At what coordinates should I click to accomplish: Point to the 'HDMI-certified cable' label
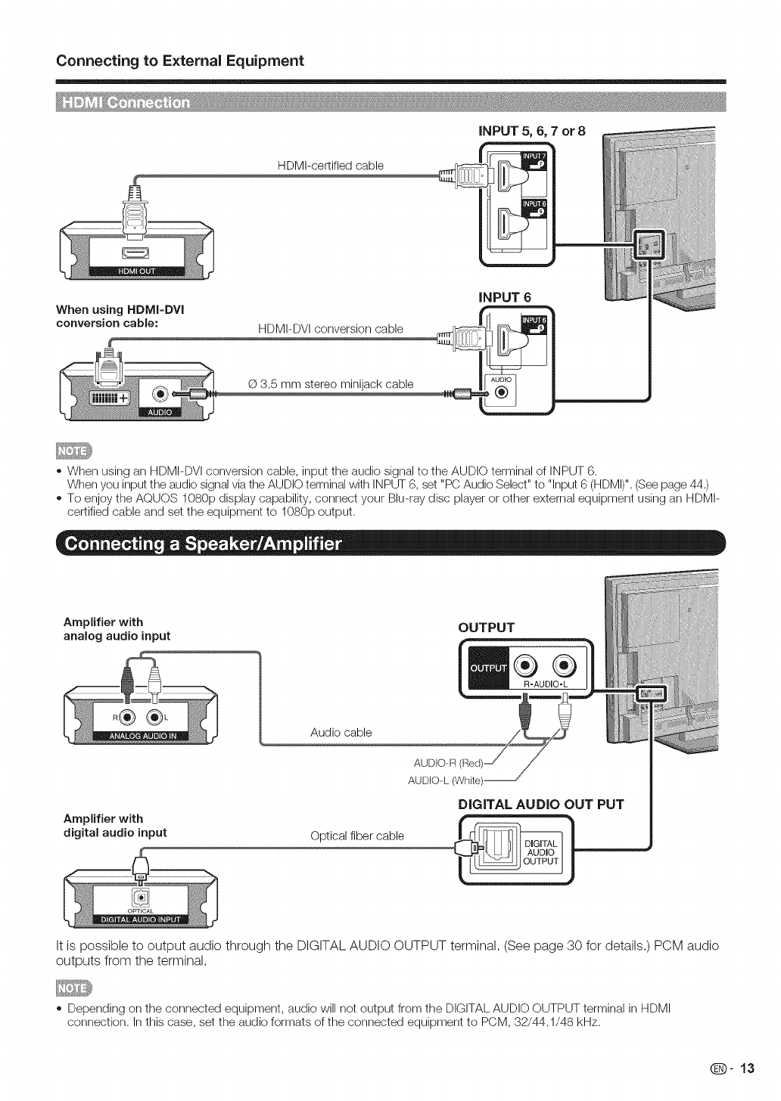click(330, 166)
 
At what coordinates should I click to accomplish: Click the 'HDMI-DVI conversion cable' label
click(331, 328)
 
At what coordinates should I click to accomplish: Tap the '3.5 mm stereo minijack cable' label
click(331, 383)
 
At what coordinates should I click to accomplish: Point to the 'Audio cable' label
click(341, 732)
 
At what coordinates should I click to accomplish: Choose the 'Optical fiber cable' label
click(357, 836)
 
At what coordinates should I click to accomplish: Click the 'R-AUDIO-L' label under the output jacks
click(545, 684)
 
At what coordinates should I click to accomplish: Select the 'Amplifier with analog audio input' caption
click(117, 629)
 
